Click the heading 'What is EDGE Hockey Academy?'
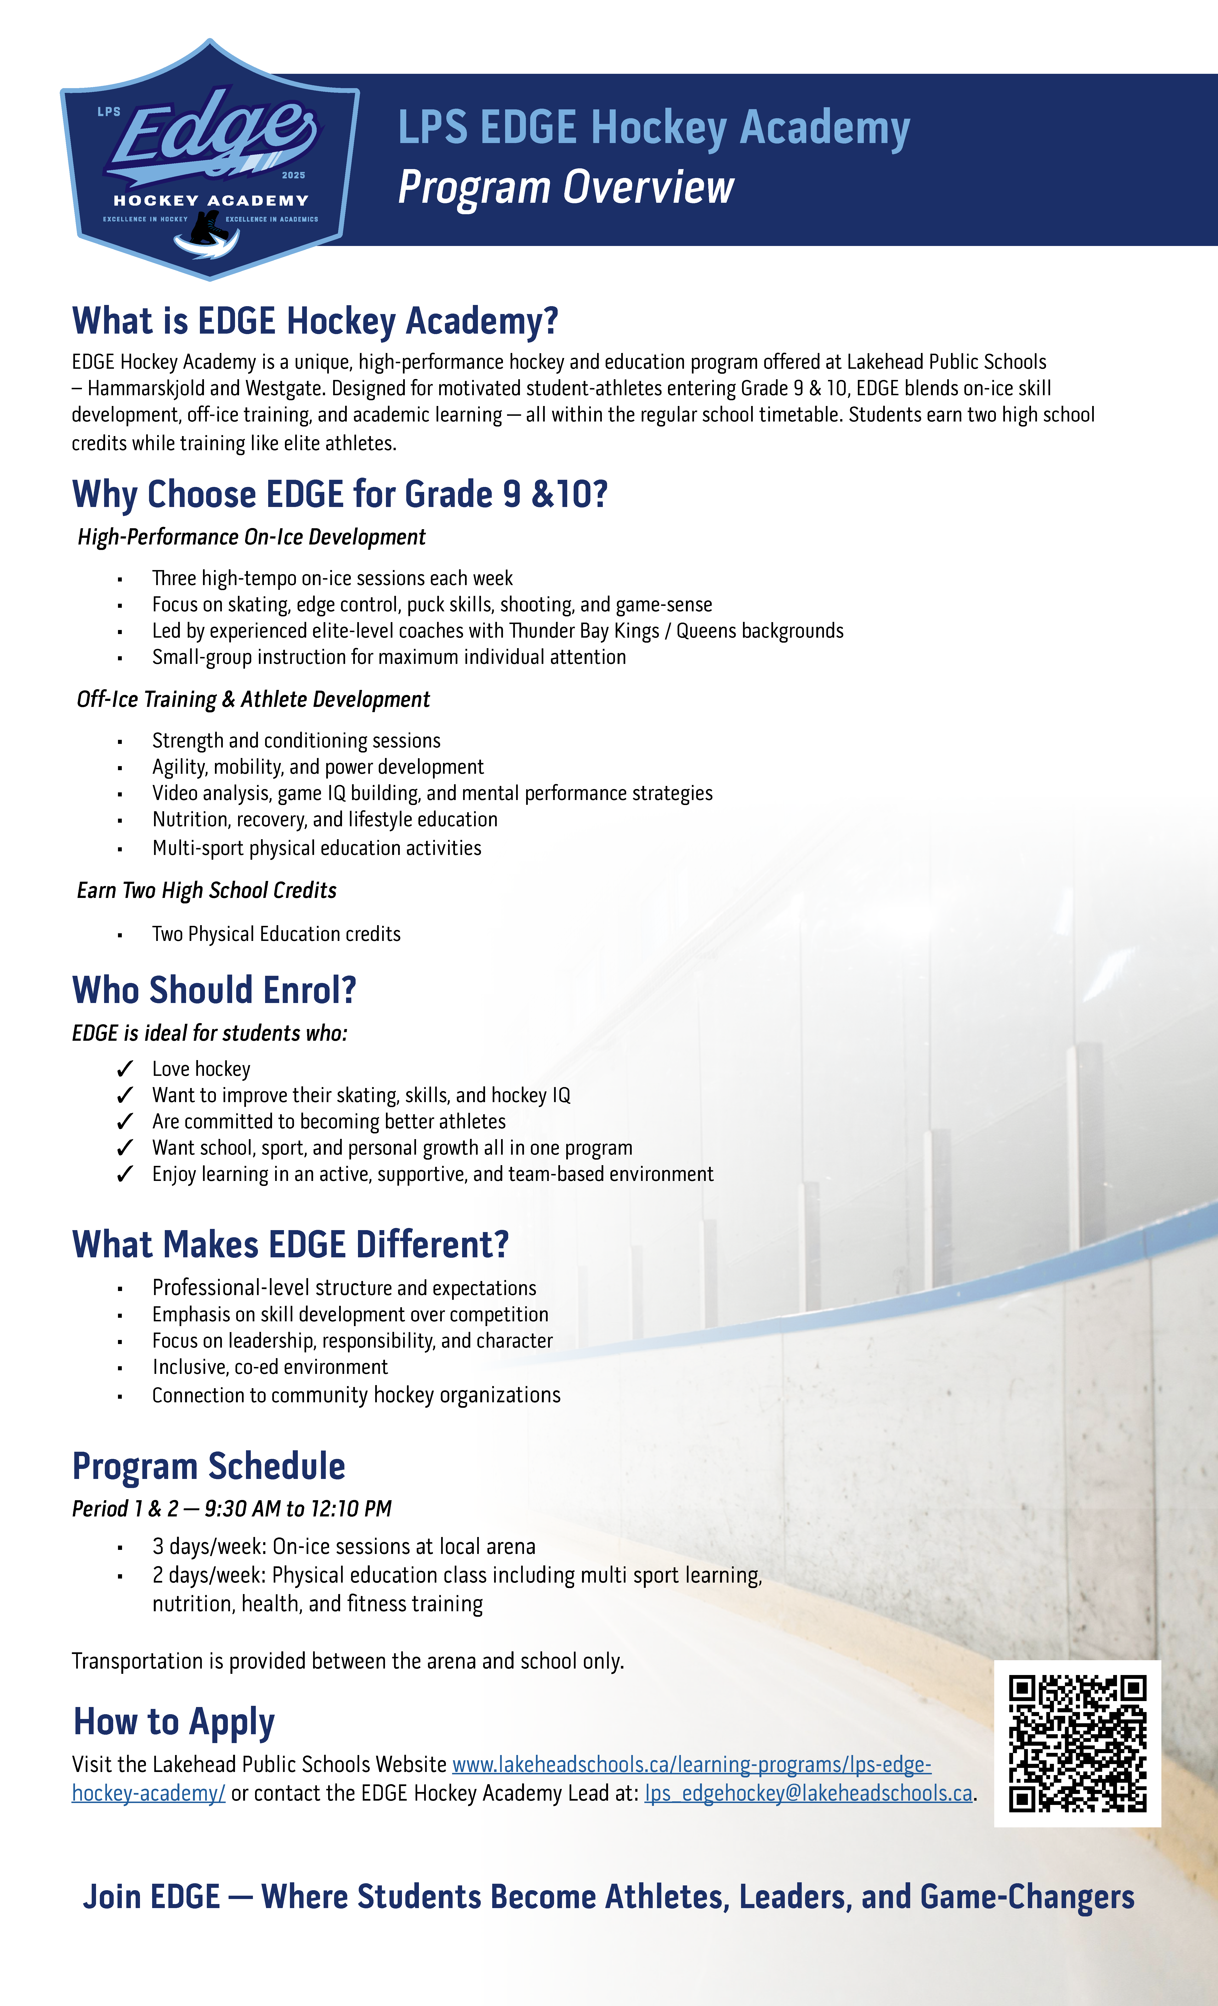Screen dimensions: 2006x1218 [x=315, y=321]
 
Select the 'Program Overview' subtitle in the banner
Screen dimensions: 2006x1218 [x=566, y=187]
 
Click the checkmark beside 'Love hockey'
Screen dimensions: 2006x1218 [x=125, y=1069]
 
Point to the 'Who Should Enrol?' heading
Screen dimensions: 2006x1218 [x=214, y=990]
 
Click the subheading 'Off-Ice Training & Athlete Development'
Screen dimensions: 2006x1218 [x=253, y=699]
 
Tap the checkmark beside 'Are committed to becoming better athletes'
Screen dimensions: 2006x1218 [x=125, y=1122]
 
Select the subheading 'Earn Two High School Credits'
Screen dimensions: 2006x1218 [x=207, y=890]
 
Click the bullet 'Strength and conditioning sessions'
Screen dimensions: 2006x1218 [x=296, y=741]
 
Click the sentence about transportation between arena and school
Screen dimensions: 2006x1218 [x=348, y=1661]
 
